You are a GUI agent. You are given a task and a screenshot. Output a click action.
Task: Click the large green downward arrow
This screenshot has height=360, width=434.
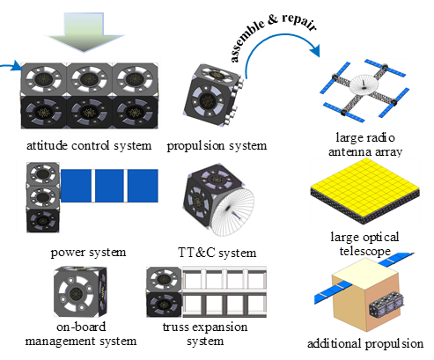[85, 32]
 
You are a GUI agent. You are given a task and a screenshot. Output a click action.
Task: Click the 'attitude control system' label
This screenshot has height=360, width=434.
[89, 145]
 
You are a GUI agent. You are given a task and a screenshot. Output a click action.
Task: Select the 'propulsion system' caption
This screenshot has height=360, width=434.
[217, 145]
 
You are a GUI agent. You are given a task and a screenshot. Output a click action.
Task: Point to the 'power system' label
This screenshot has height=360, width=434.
[88, 253]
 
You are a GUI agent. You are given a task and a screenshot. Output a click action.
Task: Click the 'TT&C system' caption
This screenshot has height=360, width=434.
[217, 253]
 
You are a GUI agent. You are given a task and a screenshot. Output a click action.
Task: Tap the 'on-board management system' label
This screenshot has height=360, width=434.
[81, 334]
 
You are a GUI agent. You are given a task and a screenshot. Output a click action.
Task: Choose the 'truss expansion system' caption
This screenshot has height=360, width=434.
[205, 334]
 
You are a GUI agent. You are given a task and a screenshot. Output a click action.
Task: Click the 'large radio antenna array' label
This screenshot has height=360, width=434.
[365, 144]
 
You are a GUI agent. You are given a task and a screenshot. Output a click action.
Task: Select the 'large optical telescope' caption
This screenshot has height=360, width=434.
[364, 244]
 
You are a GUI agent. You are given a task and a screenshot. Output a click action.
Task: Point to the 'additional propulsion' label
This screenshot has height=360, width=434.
[365, 343]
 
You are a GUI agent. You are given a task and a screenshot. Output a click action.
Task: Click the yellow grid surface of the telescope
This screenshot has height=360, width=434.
[365, 181]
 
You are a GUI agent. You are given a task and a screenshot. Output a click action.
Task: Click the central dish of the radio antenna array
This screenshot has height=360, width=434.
[364, 84]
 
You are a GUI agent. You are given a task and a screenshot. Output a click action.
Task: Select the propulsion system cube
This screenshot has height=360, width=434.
[214, 95]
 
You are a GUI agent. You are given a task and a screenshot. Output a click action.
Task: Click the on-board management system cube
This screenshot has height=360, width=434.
[80, 292]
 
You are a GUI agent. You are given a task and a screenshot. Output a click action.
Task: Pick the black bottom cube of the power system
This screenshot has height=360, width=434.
[43, 220]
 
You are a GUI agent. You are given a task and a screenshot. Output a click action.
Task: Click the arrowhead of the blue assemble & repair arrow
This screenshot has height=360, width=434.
[315, 50]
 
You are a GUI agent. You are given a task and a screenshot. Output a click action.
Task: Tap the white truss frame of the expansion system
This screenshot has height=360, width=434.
[224, 292]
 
